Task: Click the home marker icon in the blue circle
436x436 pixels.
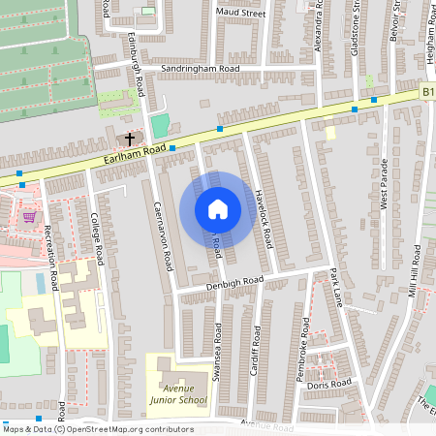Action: (218, 209)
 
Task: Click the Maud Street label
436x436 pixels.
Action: (241, 14)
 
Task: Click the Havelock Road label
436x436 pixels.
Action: (260, 214)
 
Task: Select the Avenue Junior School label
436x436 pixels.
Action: (178, 392)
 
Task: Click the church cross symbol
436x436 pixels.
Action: (131, 140)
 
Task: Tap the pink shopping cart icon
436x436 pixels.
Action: (29, 216)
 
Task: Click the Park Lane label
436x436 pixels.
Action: (335, 287)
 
